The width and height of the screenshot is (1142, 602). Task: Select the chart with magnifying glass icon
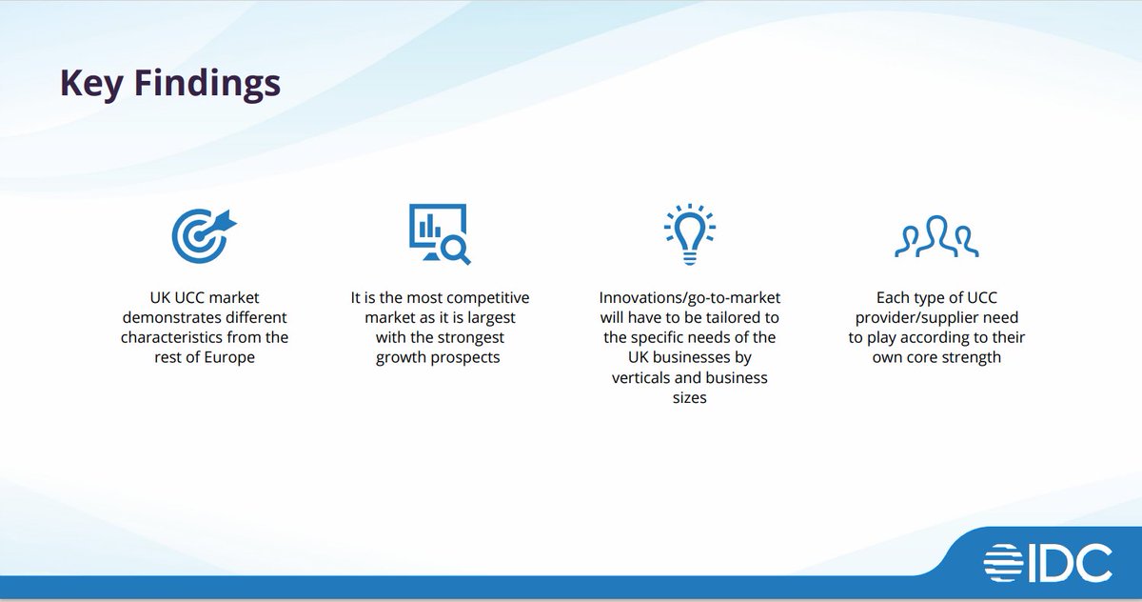pyautogui.click(x=439, y=234)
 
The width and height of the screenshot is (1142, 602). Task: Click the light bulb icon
pyautogui.click(x=689, y=234)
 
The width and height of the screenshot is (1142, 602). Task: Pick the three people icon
pyautogui.click(x=936, y=238)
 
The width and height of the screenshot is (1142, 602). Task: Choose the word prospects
pyautogui.click(x=466, y=358)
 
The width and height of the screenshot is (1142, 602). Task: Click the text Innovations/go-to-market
pyautogui.click(x=689, y=298)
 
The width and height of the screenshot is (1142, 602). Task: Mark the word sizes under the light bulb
pyautogui.click(x=689, y=398)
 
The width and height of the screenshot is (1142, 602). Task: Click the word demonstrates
pyautogui.click(x=173, y=318)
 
